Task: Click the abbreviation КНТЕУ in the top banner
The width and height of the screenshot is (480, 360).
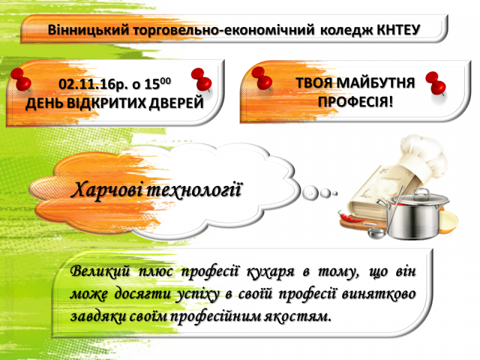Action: click(x=398, y=30)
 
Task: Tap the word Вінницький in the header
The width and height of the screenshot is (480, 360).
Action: click(x=89, y=31)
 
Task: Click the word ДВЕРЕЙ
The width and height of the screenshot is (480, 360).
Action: click(x=176, y=103)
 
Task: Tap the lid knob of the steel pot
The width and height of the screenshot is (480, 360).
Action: click(x=422, y=193)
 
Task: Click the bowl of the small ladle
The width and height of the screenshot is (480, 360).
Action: click(x=376, y=233)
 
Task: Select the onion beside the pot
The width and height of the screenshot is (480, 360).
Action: click(x=448, y=221)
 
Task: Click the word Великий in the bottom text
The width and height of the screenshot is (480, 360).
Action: click(x=100, y=271)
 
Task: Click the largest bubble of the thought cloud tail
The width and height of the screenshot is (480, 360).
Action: click(x=310, y=193)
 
